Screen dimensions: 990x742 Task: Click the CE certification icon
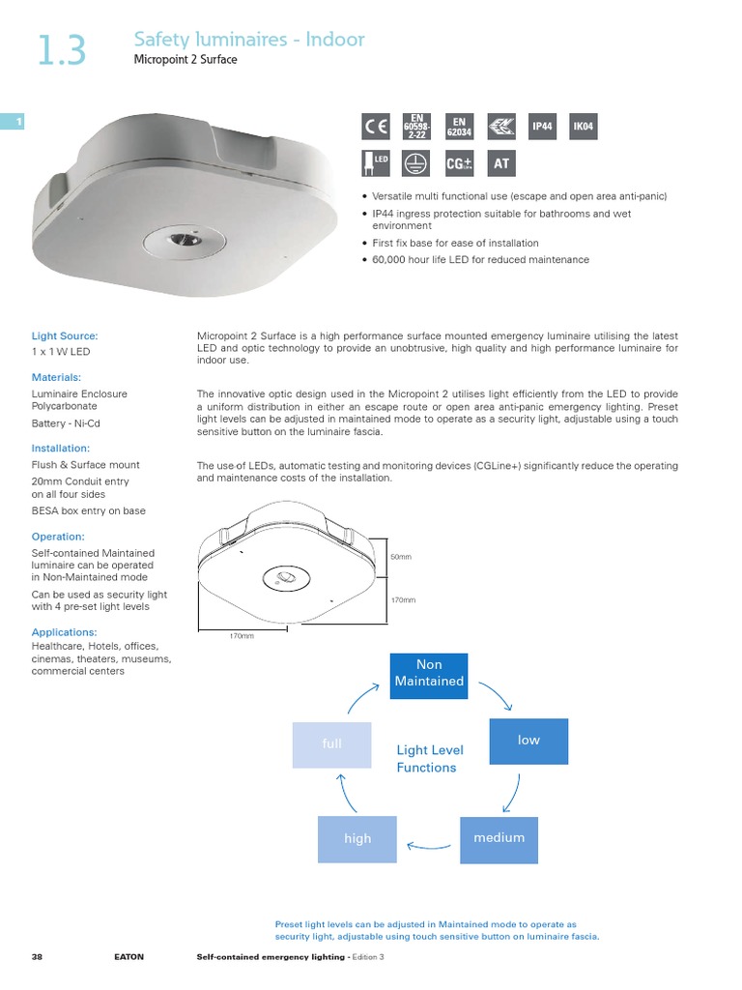(x=376, y=127)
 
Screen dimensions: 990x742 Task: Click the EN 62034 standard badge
(x=459, y=127)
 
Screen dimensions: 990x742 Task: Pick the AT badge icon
(x=500, y=163)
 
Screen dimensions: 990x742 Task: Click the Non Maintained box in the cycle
(x=428, y=674)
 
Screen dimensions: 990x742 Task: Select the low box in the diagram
(x=528, y=740)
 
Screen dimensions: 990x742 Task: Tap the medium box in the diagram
(x=499, y=838)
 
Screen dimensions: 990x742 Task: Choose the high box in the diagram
(x=357, y=838)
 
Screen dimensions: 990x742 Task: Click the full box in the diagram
(x=331, y=744)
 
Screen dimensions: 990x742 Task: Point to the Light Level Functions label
(x=429, y=759)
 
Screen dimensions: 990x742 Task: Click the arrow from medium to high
(x=428, y=847)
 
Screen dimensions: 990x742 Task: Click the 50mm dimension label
(x=401, y=558)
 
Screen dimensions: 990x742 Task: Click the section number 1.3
(x=61, y=51)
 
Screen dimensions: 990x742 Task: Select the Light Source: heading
(x=65, y=335)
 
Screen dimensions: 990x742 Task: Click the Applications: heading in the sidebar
(x=65, y=632)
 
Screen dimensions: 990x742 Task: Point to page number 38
(x=37, y=956)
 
